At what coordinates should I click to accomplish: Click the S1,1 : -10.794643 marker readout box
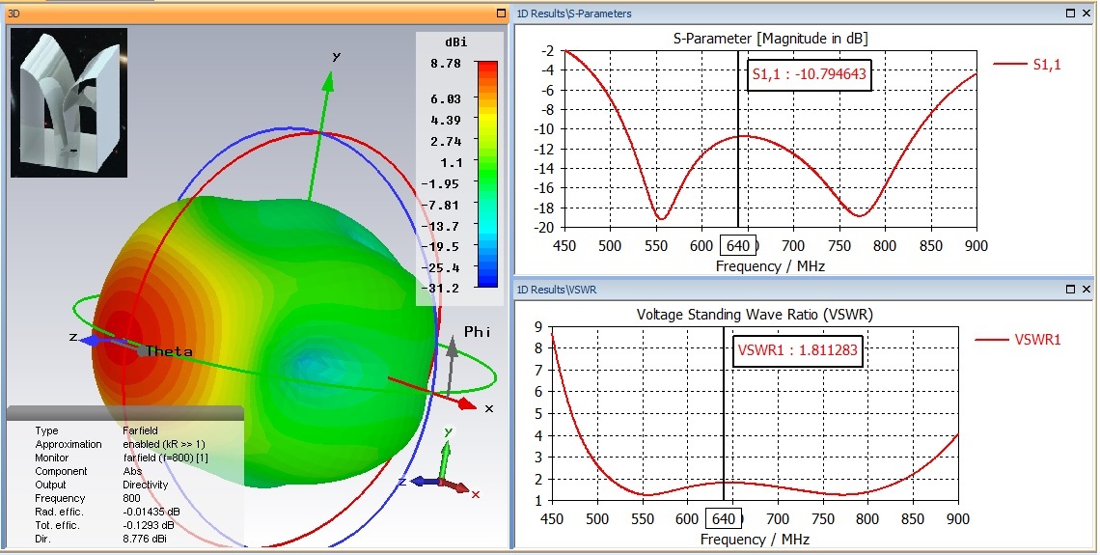tap(811, 73)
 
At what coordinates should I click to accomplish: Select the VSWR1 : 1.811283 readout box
tap(797, 350)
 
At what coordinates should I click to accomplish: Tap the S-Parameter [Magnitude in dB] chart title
tap(770, 39)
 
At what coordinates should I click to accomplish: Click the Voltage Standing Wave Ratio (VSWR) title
tap(755, 315)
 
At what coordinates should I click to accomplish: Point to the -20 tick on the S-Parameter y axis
tap(547, 227)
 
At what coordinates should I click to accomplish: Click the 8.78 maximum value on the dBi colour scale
tap(445, 63)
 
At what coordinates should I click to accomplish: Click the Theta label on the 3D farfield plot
tap(169, 352)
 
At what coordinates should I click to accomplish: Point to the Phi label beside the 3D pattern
tap(478, 331)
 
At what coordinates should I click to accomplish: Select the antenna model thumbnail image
tap(68, 102)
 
